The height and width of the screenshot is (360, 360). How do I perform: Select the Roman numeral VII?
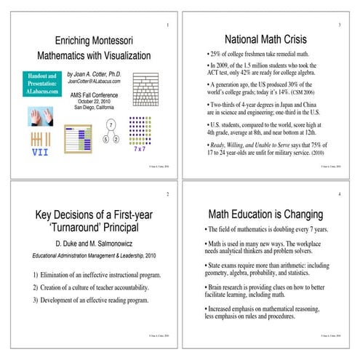coord(40,153)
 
